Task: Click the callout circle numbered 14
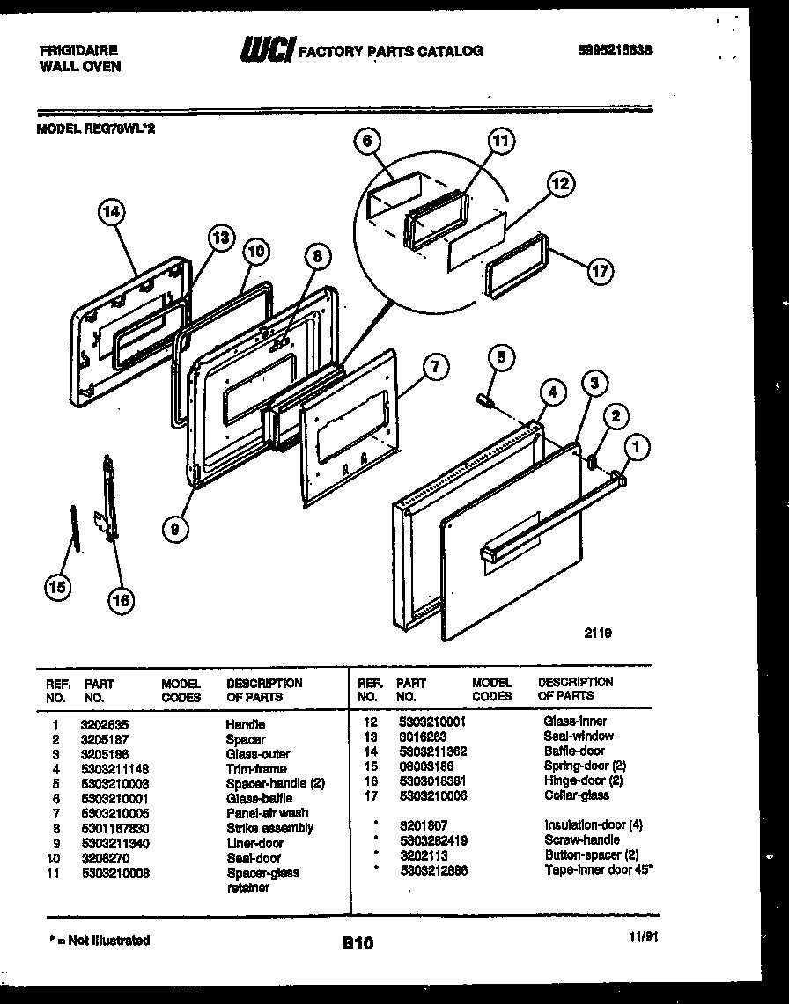pos(112,212)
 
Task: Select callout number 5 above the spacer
pos(500,357)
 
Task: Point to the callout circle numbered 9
pos(175,528)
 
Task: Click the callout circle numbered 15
pos(59,589)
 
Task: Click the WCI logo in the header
pos(267,51)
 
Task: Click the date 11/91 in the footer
pos(644,937)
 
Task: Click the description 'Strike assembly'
pos(269,828)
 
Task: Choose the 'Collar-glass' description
pos(576,795)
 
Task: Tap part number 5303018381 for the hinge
pos(431,780)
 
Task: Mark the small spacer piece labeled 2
pos(593,460)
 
